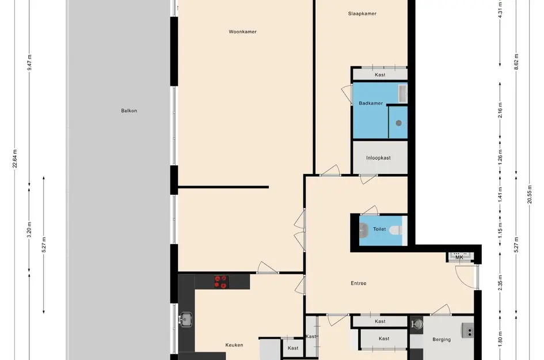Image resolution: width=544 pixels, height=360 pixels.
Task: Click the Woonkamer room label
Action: click(x=242, y=32)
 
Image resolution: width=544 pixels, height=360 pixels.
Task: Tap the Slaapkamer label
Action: click(x=362, y=14)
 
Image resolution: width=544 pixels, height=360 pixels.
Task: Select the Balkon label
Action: click(x=129, y=111)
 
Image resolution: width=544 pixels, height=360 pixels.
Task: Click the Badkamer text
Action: click(x=371, y=103)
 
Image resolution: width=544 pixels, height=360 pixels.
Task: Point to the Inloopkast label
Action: click(x=379, y=158)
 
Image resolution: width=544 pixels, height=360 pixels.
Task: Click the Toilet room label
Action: click(x=379, y=229)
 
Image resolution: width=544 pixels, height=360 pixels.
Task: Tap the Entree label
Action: click(x=359, y=283)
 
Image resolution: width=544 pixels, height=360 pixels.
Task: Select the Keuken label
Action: click(x=234, y=345)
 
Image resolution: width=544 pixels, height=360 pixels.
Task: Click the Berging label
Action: click(x=442, y=339)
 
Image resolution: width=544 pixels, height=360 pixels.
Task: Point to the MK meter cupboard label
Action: click(x=459, y=257)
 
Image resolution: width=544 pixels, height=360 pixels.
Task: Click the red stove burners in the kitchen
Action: click(x=220, y=282)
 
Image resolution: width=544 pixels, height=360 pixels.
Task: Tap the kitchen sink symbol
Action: click(x=185, y=319)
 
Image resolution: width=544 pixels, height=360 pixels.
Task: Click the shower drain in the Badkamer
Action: click(x=398, y=123)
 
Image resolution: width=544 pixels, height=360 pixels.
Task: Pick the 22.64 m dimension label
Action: click(x=14, y=158)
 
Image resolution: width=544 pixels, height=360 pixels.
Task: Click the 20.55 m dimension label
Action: click(x=530, y=195)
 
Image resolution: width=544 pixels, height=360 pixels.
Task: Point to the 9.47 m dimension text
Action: click(x=29, y=62)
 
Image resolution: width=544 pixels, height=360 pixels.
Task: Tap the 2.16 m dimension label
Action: click(x=500, y=111)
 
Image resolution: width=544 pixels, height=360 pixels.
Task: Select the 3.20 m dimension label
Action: click(x=29, y=230)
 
